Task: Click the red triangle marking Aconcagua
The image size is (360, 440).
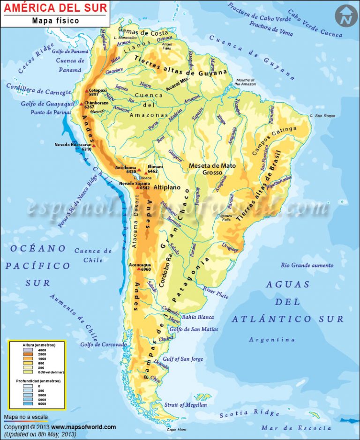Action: pos(138,269)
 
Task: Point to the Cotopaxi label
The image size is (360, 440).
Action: pos(97,90)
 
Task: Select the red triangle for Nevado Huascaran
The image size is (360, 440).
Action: pos(94,146)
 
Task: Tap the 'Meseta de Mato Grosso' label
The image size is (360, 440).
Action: pos(212,169)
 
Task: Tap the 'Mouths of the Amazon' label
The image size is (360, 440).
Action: pos(246,82)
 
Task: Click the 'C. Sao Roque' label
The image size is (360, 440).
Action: pos(321,115)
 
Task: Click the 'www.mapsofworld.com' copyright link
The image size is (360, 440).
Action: pos(83,427)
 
